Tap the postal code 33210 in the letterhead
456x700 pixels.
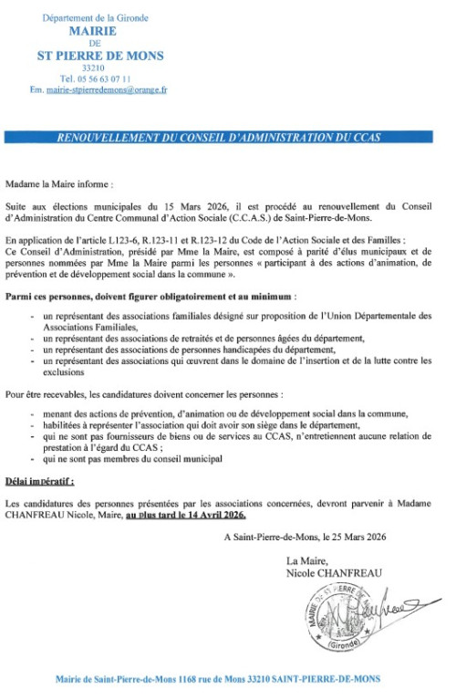[x=99, y=68]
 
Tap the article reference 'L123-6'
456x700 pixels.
[x=121, y=240]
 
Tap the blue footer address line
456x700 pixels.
[x=217, y=679]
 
